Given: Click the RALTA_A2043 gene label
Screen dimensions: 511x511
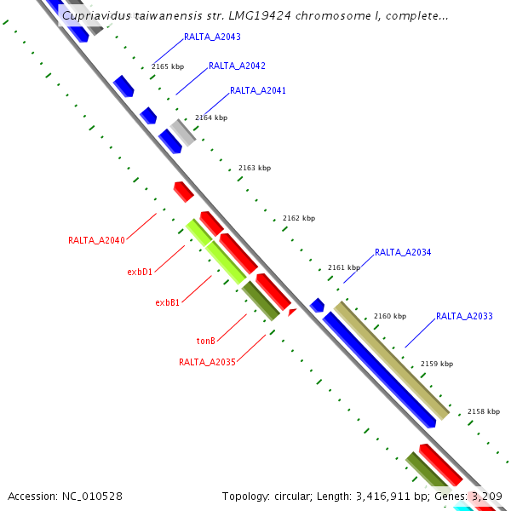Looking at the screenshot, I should coord(212,37).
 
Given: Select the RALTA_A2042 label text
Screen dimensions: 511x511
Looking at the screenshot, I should coord(237,66).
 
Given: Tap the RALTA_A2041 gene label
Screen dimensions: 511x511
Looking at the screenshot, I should coord(258,90).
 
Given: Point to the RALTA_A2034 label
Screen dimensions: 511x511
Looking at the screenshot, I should coord(403,252).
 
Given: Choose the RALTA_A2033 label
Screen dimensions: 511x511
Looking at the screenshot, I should coord(464,317).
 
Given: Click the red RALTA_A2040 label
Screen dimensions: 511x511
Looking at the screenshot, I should coord(96,241).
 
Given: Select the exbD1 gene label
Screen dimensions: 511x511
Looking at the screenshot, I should coord(140,273).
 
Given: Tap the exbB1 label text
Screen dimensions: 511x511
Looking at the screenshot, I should coord(167,302).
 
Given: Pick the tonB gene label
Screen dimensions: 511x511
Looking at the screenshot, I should coord(205,341).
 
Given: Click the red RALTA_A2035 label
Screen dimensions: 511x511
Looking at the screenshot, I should coord(206,362).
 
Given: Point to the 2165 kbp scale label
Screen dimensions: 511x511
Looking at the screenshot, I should coord(168,66).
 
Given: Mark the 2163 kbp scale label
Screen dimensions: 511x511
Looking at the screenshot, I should coord(254,169).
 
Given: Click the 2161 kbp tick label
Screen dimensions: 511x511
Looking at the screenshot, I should coord(344,268).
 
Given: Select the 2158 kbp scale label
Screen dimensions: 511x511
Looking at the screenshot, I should coord(483,411).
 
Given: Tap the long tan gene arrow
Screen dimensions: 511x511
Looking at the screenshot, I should coord(391,360).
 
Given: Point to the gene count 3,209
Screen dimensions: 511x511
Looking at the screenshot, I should coord(486,496).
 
